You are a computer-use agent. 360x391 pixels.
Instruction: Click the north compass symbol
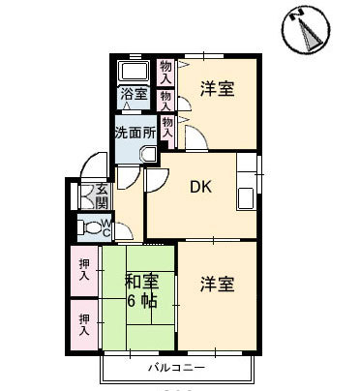306,30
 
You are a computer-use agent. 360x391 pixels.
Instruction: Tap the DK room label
201,187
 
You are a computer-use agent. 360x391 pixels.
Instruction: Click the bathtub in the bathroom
135,71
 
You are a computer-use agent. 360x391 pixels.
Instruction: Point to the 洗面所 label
135,133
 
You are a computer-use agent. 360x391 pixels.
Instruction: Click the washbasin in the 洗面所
149,155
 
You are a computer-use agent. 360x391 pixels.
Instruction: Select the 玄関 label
102,196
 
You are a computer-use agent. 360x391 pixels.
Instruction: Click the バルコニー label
176,368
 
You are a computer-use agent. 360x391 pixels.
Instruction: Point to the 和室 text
142,282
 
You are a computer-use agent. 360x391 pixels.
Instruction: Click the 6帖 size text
142,301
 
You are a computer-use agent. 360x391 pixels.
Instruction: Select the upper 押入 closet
84,271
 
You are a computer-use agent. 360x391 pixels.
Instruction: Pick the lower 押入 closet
84,325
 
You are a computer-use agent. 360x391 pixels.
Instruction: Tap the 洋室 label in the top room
218,88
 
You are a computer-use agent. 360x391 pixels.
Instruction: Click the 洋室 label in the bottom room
217,285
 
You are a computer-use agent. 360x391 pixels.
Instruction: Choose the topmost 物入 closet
165,73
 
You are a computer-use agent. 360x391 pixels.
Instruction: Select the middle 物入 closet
165,101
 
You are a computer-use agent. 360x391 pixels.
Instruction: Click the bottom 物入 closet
167,128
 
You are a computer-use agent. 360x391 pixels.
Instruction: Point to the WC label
106,227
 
